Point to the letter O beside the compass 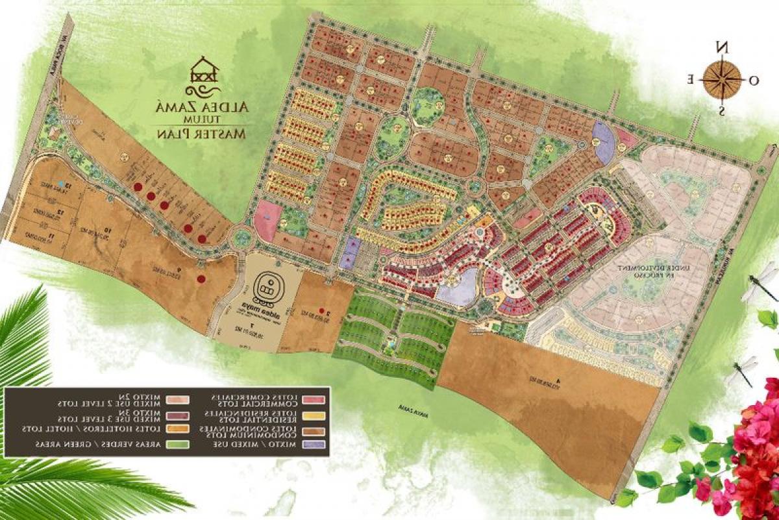point(754,80)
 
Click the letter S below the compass point(721,110)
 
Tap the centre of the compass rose point(721,79)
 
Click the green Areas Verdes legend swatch point(177,445)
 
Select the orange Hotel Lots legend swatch point(177,429)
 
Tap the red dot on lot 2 point(321,312)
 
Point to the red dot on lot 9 point(201,279)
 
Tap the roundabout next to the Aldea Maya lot point(243,238)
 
